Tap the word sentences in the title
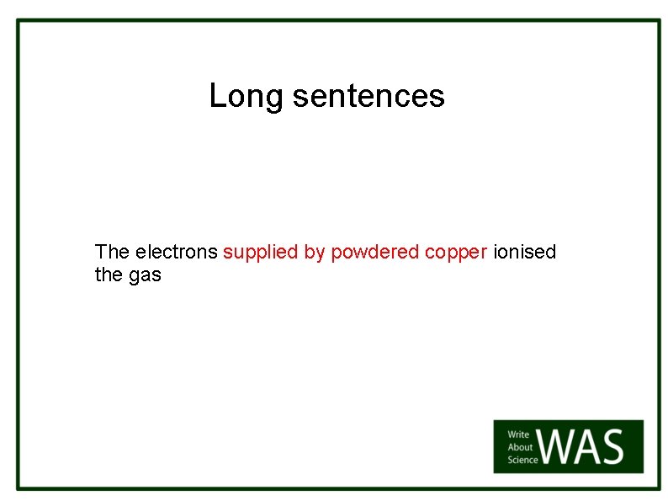(368, 96)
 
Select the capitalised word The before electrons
(112, 252)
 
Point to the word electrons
(176, 252)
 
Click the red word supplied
(261, 252)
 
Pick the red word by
(314, 253)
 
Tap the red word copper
(456, 253)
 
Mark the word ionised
(525, 252)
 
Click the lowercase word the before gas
(109, 274)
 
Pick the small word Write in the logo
(518, 434)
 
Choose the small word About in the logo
(520, 447)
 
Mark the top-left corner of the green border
(19, 21)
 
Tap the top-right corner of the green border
(660, 21)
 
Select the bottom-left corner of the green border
(19, 488)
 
